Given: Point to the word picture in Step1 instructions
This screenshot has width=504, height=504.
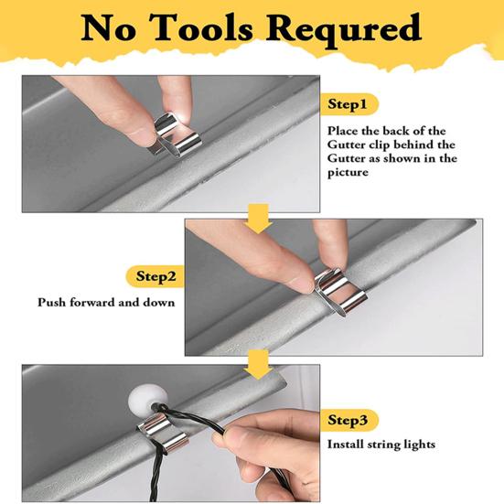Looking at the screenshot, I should (x=348, y=172).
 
